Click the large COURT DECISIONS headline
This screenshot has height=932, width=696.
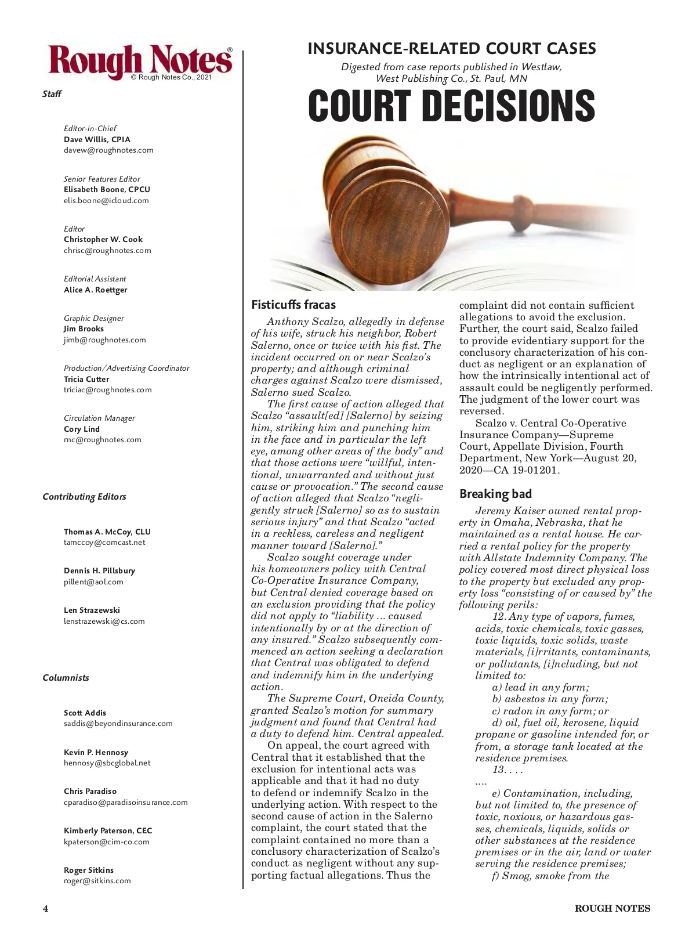click(x=451, y=106)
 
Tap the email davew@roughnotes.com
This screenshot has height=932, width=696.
click(x=108, y=150)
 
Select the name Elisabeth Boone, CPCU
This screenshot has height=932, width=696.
click(x=107, y=190)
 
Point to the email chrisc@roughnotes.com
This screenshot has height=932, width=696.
click(x=107, y=251)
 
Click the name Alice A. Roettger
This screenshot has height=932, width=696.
click(x=95, y=290)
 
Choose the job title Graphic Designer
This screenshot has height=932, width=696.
click(x=94, y=318)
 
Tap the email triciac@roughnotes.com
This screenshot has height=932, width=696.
click(x=108, y=390)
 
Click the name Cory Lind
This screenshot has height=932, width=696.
click(x=82, y=429)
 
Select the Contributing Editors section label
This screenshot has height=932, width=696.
click(x=84, y=497)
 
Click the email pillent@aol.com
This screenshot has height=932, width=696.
click(x=93, y=582)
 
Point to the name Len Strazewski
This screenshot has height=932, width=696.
click(x=92, y=611)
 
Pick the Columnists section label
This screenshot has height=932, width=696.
click(x=66, y=678)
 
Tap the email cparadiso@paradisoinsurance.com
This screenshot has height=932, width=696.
click(x=126, y=803)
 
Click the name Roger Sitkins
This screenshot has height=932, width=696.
click(x=89, y=870)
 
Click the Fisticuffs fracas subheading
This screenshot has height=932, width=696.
click(x=293, y=305)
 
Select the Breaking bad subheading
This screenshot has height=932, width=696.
click(x=496, y=494)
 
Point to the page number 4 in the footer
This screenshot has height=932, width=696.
click(x=45, y=909)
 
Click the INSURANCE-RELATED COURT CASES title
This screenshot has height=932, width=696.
click(x=452, y=49)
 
